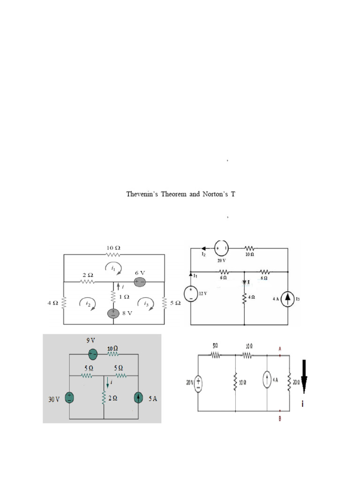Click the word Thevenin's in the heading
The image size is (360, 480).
(142, 194)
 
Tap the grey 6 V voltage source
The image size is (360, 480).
(139, 282)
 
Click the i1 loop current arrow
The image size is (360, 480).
(115, 268)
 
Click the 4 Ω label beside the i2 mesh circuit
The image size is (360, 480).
(52, 303)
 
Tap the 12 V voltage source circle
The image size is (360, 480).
(191, 293)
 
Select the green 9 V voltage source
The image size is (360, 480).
(93, 354)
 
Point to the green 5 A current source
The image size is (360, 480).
(137, 397)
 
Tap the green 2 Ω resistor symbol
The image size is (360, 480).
(103, 398)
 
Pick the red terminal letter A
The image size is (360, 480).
(280, 349)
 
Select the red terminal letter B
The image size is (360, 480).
(280, 419)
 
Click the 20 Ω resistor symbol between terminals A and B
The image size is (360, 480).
(289, 382)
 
